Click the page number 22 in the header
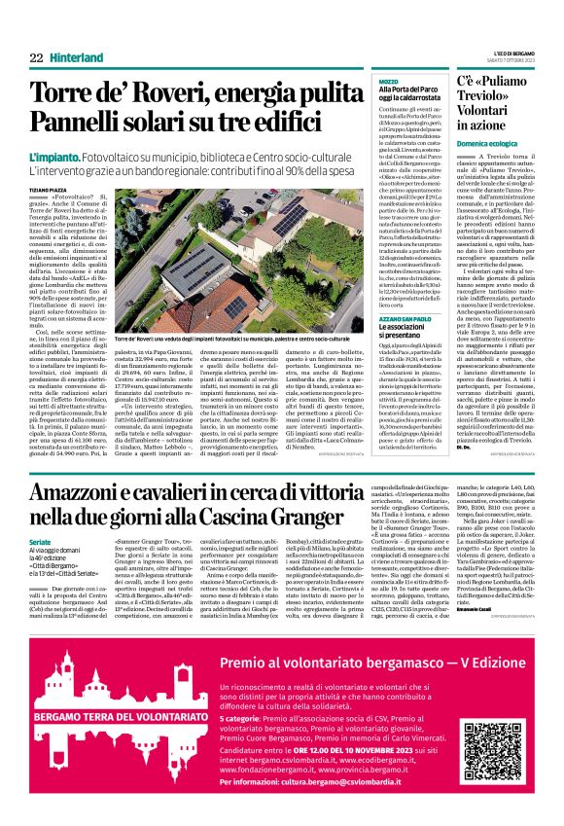coord(35,57)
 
